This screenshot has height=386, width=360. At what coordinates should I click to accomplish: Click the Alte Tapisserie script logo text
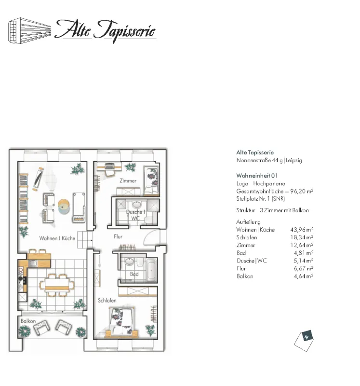105,31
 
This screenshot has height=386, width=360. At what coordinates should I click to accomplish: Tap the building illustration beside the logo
29,31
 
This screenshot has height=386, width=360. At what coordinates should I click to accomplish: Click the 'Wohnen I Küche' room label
57,238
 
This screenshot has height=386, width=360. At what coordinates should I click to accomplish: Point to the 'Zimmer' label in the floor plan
128,180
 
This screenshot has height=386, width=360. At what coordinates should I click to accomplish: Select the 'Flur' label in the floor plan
118,236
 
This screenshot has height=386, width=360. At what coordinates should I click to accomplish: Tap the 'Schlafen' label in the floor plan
107,301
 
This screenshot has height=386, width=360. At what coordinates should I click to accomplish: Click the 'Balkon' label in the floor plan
28,321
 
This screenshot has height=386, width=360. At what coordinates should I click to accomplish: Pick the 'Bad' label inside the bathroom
134,274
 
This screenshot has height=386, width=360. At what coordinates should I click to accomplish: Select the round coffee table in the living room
64,207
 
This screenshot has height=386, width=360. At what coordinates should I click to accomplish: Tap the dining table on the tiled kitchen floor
57,285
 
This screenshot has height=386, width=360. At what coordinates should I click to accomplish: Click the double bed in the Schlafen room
122,322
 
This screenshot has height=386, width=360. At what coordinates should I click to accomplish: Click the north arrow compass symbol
304,341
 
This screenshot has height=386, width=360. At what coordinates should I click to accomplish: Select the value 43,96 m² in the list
302,230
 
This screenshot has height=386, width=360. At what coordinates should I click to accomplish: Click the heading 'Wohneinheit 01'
257,176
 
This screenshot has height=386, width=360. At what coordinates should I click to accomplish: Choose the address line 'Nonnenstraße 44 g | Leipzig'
269,160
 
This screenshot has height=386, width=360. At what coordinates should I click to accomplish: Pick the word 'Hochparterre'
269,184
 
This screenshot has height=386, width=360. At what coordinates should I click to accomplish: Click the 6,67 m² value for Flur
304,268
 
